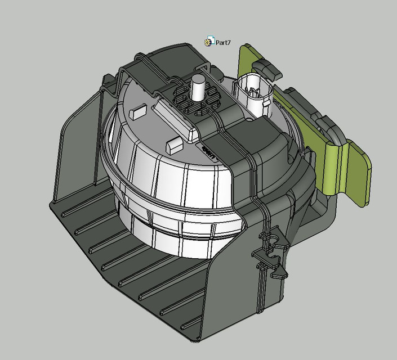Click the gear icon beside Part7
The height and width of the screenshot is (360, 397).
pyautogui.click(x=209, y=42)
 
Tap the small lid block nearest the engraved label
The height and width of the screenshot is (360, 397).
pyautogui.click(x=174, y=145)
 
